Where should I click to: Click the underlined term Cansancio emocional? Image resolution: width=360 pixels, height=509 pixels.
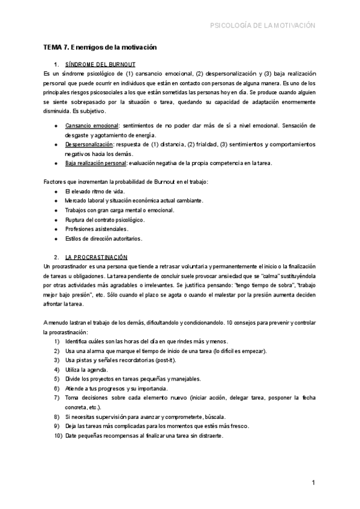coord(91,126)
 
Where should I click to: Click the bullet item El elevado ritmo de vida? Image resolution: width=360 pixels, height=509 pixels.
coord(94,191)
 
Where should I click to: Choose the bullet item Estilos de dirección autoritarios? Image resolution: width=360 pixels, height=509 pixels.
coord(104,238)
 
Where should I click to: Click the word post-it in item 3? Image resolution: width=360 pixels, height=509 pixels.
coord(165,360)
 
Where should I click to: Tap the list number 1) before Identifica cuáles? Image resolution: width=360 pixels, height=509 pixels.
coord(56,341)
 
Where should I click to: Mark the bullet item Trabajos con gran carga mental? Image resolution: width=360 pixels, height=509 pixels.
coord(119,210)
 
